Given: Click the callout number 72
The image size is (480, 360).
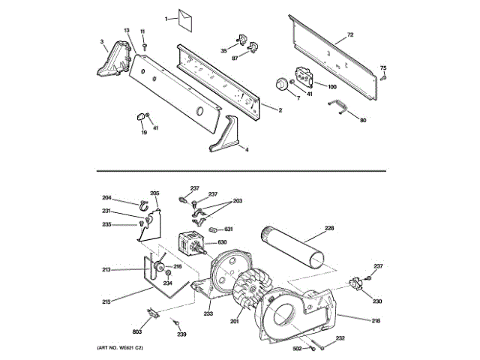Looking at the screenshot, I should pos(349,35).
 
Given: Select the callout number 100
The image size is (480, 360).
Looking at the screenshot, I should pos(331,87).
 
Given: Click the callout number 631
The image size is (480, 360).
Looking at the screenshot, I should pos(228,229).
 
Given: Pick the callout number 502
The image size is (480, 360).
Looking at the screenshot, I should pos(297,349).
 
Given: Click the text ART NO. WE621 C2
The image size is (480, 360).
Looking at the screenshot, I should pos(119,349).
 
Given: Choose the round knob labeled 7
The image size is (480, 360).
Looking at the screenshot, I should pos(283,83).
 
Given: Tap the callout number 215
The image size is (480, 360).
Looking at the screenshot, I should pos(106,301).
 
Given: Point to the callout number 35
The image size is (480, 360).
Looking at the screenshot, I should pos(223,50).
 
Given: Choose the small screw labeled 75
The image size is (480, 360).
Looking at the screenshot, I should pos(383,76).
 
